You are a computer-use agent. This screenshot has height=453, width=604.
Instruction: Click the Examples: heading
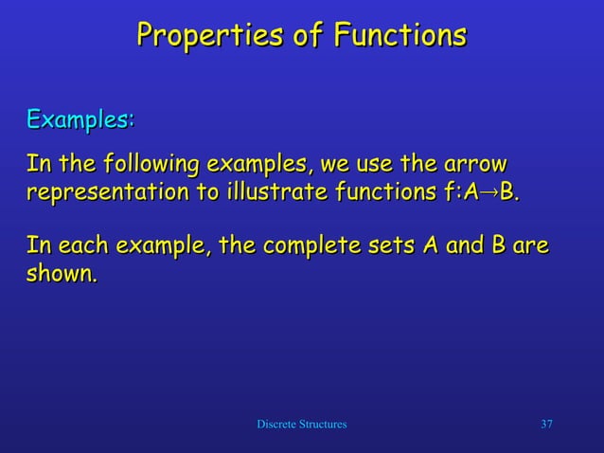click(80, 120)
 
